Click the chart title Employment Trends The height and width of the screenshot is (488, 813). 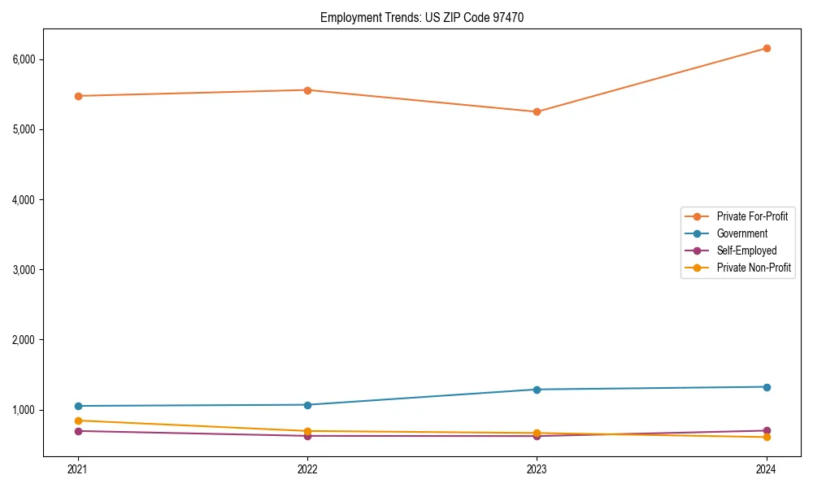coord(416,17)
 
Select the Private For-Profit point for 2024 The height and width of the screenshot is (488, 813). coord(767,48)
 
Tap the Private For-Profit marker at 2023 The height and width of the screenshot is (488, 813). coord(537,111)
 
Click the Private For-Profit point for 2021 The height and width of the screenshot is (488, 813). coord(78,96)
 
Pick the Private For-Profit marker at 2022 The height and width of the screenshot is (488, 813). coord(307,90)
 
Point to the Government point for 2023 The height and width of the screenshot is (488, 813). coord(537,390)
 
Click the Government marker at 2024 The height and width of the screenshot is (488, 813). coord(767,387)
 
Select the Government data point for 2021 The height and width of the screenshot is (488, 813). coord(78,406)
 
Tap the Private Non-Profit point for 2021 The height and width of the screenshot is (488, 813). coord(78,420)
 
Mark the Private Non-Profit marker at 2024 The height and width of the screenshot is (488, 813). coord(767,438)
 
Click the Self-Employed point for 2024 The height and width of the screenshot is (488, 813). coord(767,430)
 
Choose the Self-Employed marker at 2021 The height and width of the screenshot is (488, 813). coord(78,431)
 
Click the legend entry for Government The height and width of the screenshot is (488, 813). coord(741,233)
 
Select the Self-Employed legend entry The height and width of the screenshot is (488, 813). coord(746,251)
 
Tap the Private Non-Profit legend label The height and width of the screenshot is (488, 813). coord(754,268)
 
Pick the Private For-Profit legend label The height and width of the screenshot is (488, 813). coord(752,216)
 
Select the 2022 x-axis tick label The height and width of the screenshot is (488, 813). coord(307,468)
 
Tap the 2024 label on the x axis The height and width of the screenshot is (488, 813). coord(767,468)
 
